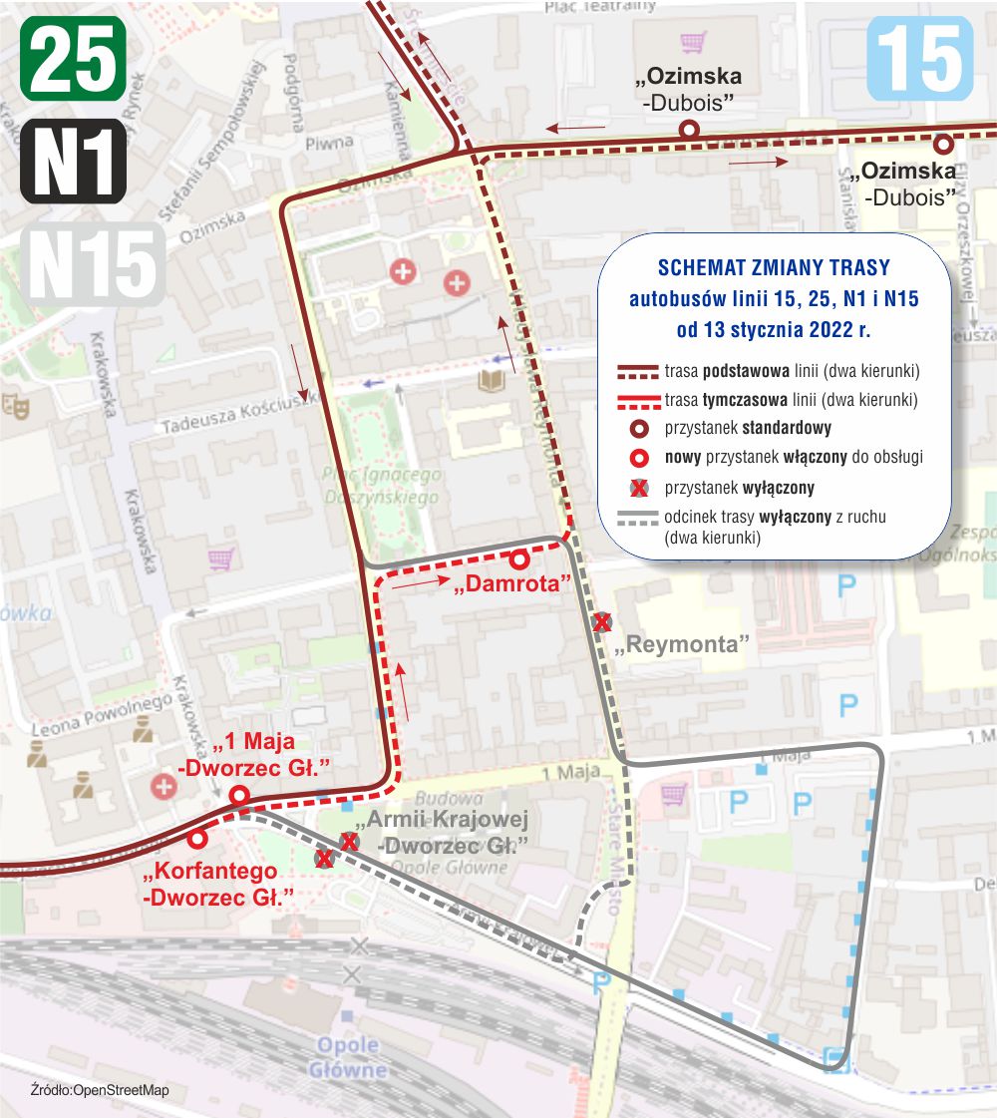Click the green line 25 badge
click(73, 59)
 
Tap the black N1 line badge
click(73, 161)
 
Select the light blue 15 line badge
click(919, 59)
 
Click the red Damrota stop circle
click(519, 559)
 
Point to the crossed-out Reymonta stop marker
click(601, 622)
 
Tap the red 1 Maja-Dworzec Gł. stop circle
click(239, 795)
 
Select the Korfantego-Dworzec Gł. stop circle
click(197, 839)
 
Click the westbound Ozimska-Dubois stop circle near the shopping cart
click(687, 129)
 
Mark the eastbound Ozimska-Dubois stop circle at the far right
click(943, 143)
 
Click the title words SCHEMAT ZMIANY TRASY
click(774, 268)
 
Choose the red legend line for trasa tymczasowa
click(638, 400)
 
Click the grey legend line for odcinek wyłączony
click(638, 518)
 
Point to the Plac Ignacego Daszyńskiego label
click(383, 486)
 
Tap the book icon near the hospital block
click(493, 380)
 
